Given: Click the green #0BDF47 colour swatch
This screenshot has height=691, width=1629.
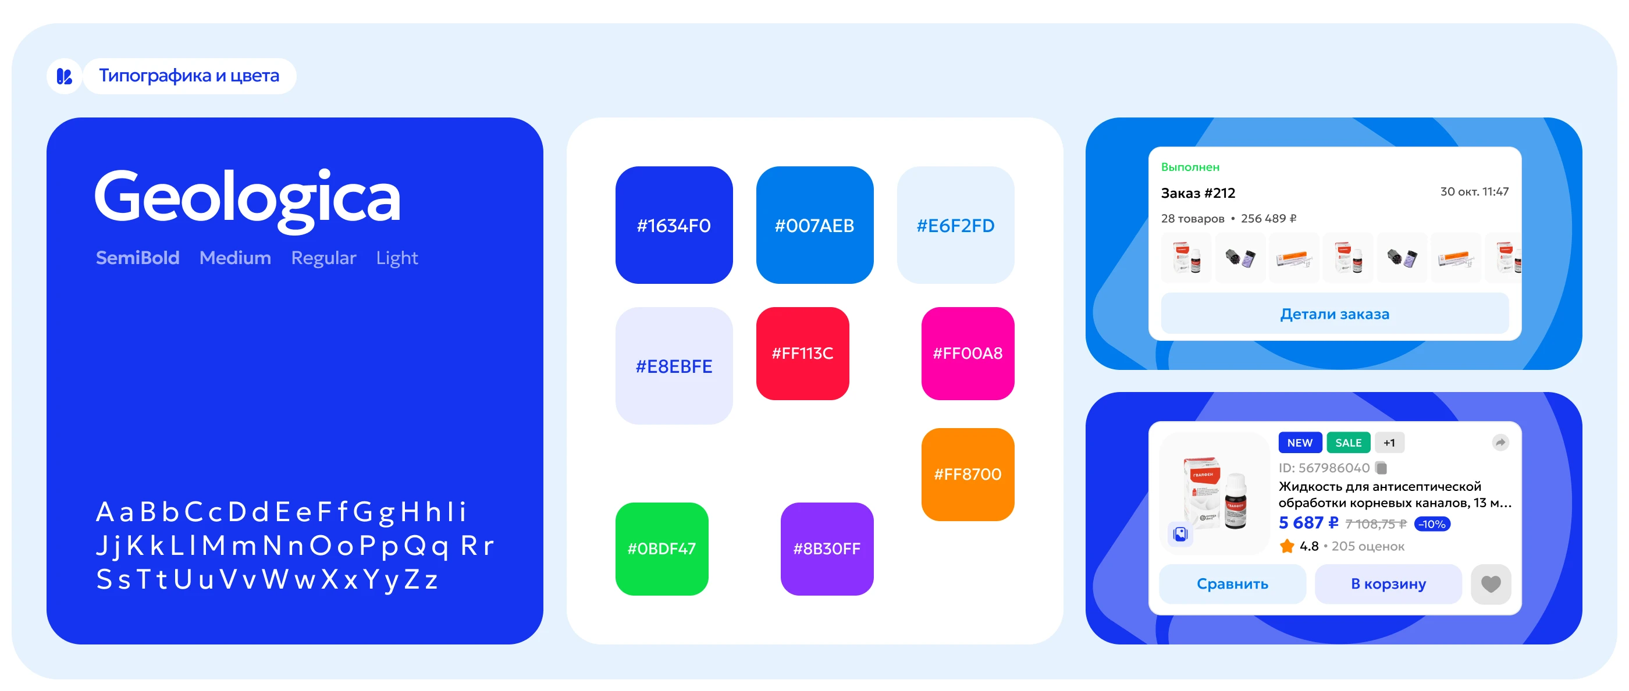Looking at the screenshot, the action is (661, 548).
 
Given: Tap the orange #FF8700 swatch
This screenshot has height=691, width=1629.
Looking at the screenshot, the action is (968, 474).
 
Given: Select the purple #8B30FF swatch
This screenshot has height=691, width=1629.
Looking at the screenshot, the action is (827, 548).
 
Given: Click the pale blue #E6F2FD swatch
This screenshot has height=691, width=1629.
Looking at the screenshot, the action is (955, 225).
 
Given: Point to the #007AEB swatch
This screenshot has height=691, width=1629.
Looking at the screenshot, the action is (814, 225).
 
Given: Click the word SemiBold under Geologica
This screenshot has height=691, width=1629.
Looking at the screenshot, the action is (137, 257).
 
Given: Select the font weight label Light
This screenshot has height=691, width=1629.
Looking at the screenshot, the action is (397, 258).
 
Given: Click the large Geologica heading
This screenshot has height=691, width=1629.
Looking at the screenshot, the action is (247, 198).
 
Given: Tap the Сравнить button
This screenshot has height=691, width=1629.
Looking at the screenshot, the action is (1232, 583).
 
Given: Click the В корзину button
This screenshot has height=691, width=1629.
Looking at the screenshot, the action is (1388, 583).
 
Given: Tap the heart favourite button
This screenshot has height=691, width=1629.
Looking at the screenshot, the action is (1491, 583).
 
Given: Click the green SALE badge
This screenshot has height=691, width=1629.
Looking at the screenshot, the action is (1348, 443).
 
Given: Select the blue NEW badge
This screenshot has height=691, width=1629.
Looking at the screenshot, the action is (1300, 443).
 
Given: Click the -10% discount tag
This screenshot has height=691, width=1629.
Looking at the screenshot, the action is (1432, 523).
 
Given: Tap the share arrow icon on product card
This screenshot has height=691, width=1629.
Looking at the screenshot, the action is (1500, 443).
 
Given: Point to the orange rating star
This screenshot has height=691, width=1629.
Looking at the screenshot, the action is (1286, 546).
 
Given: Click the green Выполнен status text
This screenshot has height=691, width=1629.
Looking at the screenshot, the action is (1190, 167).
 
